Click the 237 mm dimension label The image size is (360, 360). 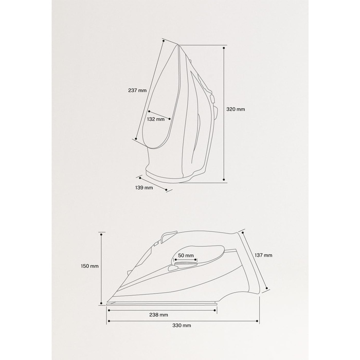coord(137,91)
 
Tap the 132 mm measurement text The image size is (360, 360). coord(156,119)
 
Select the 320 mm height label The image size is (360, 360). coord(236,109)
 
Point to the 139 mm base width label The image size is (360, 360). coord(144,188)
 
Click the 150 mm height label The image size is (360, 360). coord(89,266)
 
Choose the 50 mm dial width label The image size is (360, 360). coord(186,256)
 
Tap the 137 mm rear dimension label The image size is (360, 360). coord(263,255)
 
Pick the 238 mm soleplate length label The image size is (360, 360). coord(158,315)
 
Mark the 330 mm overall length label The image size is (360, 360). coord(182,326)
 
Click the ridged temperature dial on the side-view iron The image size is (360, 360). coord(186,263)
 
